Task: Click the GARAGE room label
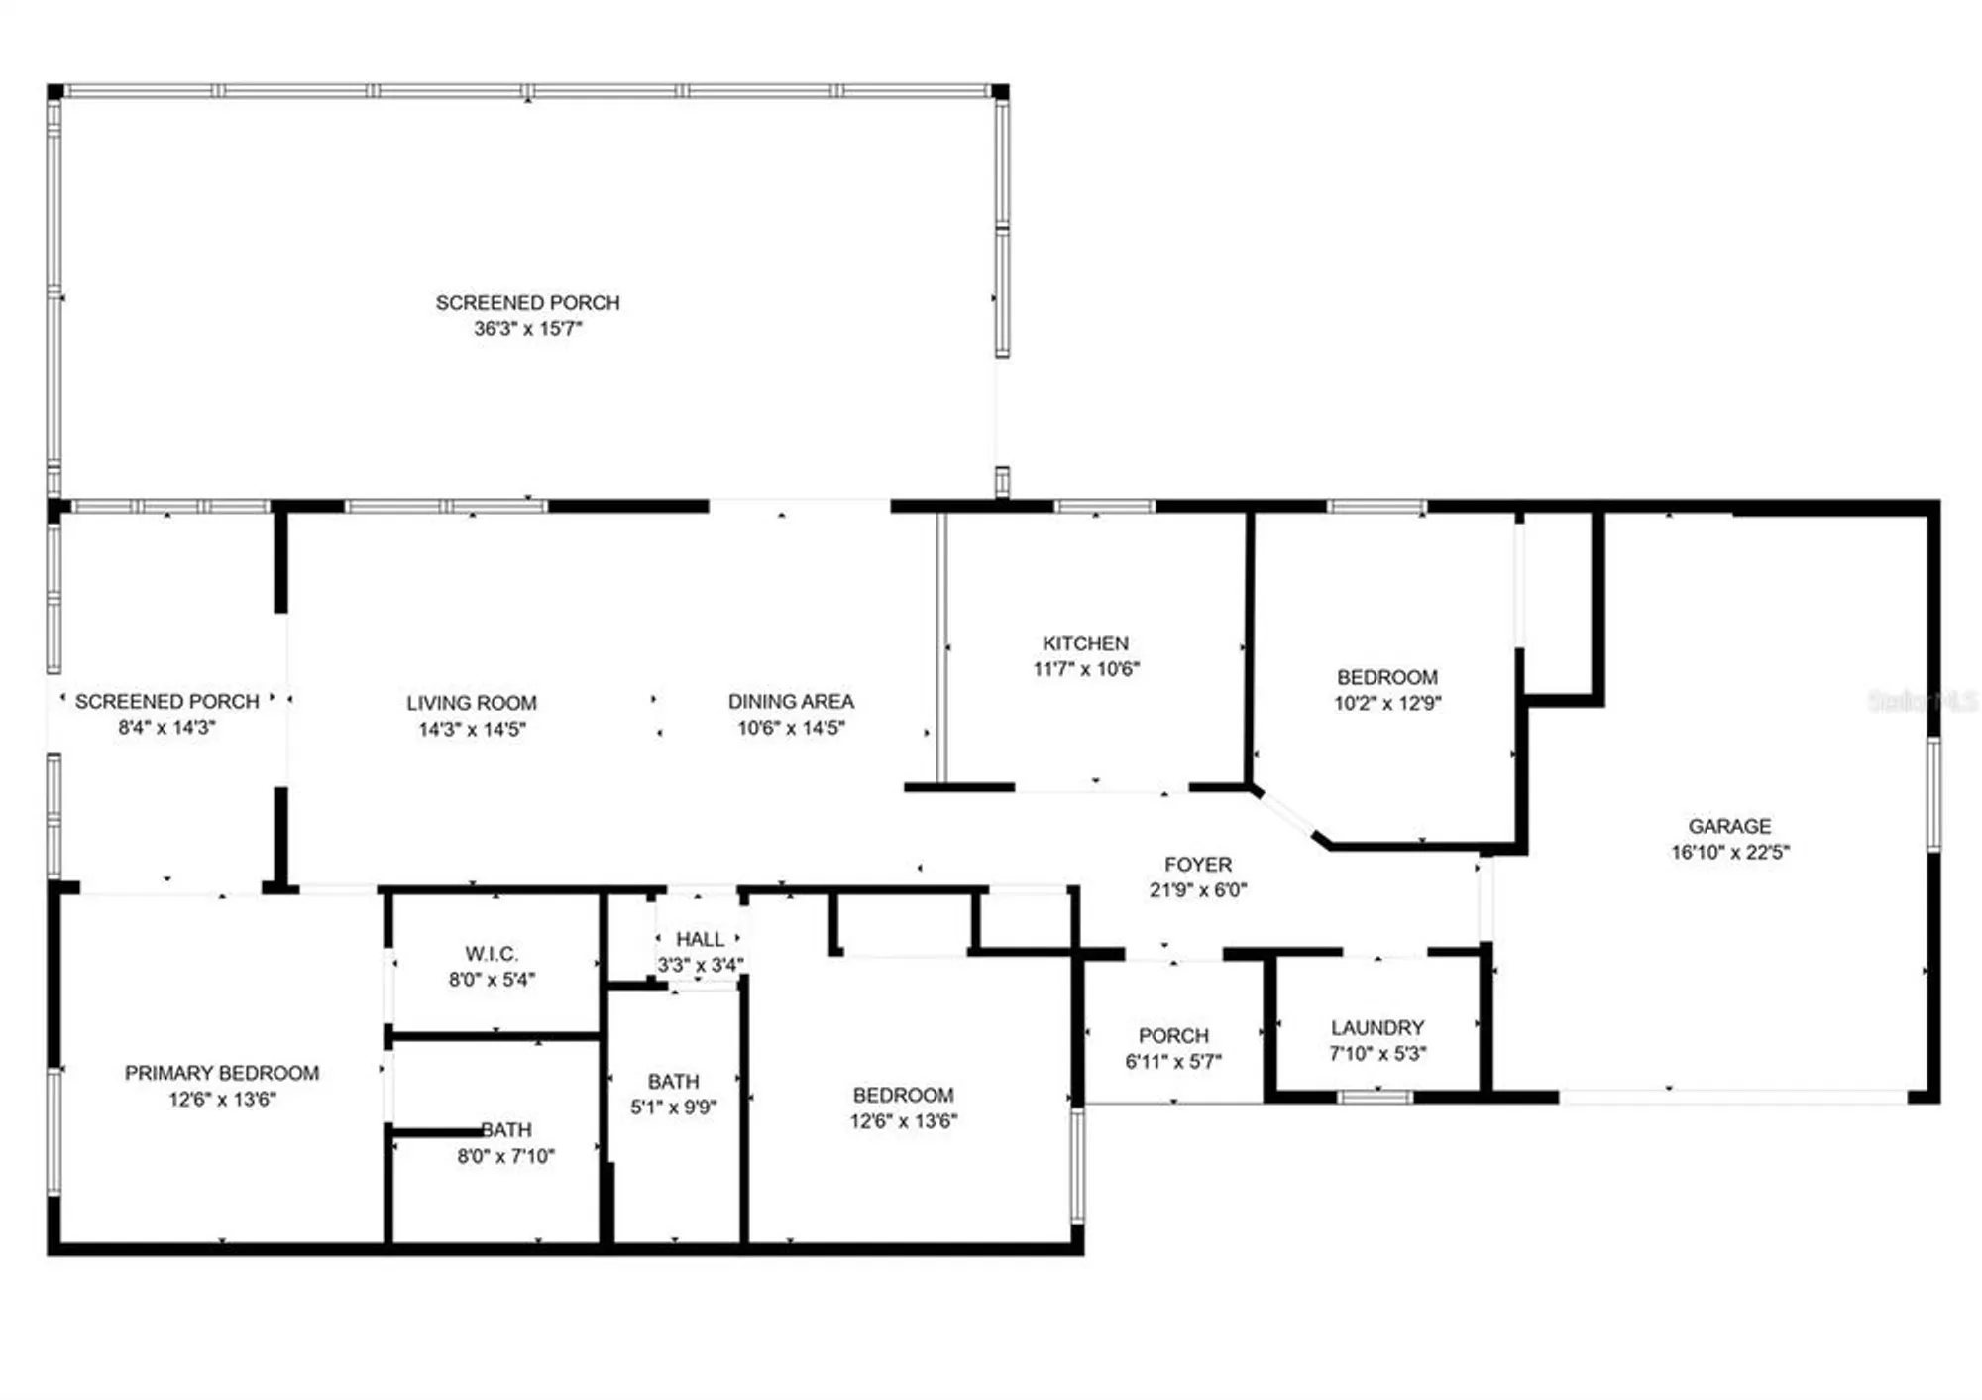pos(1729,826)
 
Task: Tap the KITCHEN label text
pos(1085,643)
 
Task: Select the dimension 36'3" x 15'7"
pos(527,329)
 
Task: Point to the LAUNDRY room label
pos(1377,1028)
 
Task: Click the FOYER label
pos(1198,865)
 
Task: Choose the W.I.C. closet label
pos(492,954)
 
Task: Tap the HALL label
pos(700,939)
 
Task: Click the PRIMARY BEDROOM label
pos(222,1073)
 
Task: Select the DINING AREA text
pos(791,702)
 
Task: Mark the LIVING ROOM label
pos(472,703)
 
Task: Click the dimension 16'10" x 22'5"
pos(1729,852)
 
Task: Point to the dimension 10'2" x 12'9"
pos(1387,703)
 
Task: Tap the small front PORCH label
pos(1173,1036)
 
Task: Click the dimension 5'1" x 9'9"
pos(673,1108)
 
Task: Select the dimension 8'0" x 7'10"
pos(505,1156)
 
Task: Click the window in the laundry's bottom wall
pos(1375,1097)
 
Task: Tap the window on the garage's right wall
pos(1932,793)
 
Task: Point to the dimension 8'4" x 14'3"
pos(166,728)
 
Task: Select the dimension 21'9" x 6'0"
pos(1198,890)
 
